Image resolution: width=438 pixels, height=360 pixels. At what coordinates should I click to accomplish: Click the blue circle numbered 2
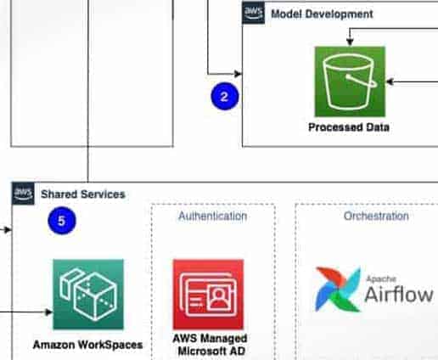click(225, 96)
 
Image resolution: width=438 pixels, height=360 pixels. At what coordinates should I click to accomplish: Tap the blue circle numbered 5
click(62, 221)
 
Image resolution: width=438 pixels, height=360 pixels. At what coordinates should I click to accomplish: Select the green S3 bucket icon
click(350, 82)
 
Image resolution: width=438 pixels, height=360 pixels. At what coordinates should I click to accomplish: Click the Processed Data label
click(349, 127)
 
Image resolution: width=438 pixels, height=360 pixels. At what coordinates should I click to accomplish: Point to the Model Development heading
click(322, 14)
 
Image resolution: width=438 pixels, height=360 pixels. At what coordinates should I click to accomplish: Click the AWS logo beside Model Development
click(254, 13)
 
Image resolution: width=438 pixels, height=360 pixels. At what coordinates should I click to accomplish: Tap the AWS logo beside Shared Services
click(23, 194)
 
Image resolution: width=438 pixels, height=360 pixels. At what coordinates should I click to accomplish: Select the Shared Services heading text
click(83, 194)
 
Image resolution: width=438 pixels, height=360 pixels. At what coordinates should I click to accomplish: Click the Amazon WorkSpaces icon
click(88, 295)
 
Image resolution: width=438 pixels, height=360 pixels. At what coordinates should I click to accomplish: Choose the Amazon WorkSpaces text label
click(87, 345)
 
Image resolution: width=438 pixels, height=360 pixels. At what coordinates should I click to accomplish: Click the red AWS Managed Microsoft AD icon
click(209, 295)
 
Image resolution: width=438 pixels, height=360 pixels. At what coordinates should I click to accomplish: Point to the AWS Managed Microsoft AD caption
click(210, 345)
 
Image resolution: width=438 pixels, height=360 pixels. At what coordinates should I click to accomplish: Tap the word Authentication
click(213, 217)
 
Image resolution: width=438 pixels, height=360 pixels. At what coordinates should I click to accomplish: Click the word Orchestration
click(376, 216)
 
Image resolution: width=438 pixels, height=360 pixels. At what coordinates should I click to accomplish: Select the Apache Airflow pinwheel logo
click(338, 290)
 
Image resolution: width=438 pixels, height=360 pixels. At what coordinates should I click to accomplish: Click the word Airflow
click(399, 295)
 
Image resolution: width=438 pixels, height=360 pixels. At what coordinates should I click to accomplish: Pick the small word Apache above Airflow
click(381, 279)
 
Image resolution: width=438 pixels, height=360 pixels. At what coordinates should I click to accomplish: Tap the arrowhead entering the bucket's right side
click(390, 82)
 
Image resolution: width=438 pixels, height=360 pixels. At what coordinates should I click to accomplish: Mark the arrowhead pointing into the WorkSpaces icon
click(48, 312)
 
